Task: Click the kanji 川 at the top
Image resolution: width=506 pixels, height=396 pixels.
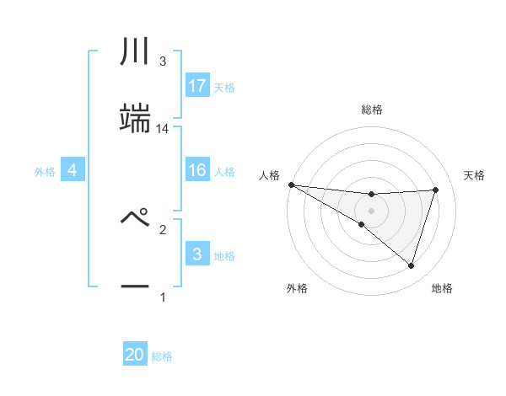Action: (x=135, y=52)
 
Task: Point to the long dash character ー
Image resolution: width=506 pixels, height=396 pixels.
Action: (x=135, y=287)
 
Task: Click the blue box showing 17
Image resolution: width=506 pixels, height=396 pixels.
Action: (x=197, y=85)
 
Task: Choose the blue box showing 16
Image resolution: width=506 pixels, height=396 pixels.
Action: (x=197, y=169)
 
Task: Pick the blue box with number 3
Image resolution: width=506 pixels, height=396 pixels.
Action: (x=197, y=254)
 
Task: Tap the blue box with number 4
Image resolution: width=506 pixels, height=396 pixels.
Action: (x=73, y=169)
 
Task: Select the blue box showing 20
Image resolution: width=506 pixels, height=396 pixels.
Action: (x=135, y=355)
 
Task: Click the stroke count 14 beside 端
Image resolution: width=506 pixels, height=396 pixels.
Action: (x=163, y=129)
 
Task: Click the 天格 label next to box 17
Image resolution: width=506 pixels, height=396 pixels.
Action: (x=224, y=88)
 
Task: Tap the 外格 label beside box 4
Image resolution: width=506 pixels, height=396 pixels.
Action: (x=45, y=172)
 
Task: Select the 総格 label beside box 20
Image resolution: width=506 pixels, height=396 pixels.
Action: (x=162, y=357)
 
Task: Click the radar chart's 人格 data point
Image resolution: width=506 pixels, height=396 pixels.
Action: (x=291, y=185)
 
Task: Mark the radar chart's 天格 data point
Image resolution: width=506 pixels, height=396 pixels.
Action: (x=435, y=190)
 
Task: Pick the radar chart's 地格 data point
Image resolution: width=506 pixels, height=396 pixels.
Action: (x=411, y=265)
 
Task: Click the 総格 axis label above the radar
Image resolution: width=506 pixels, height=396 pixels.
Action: (x=372, y=110)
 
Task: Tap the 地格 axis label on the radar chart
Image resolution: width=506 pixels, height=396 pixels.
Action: (x=442, y=288)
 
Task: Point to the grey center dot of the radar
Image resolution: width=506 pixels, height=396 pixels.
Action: (x=371, y=210)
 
